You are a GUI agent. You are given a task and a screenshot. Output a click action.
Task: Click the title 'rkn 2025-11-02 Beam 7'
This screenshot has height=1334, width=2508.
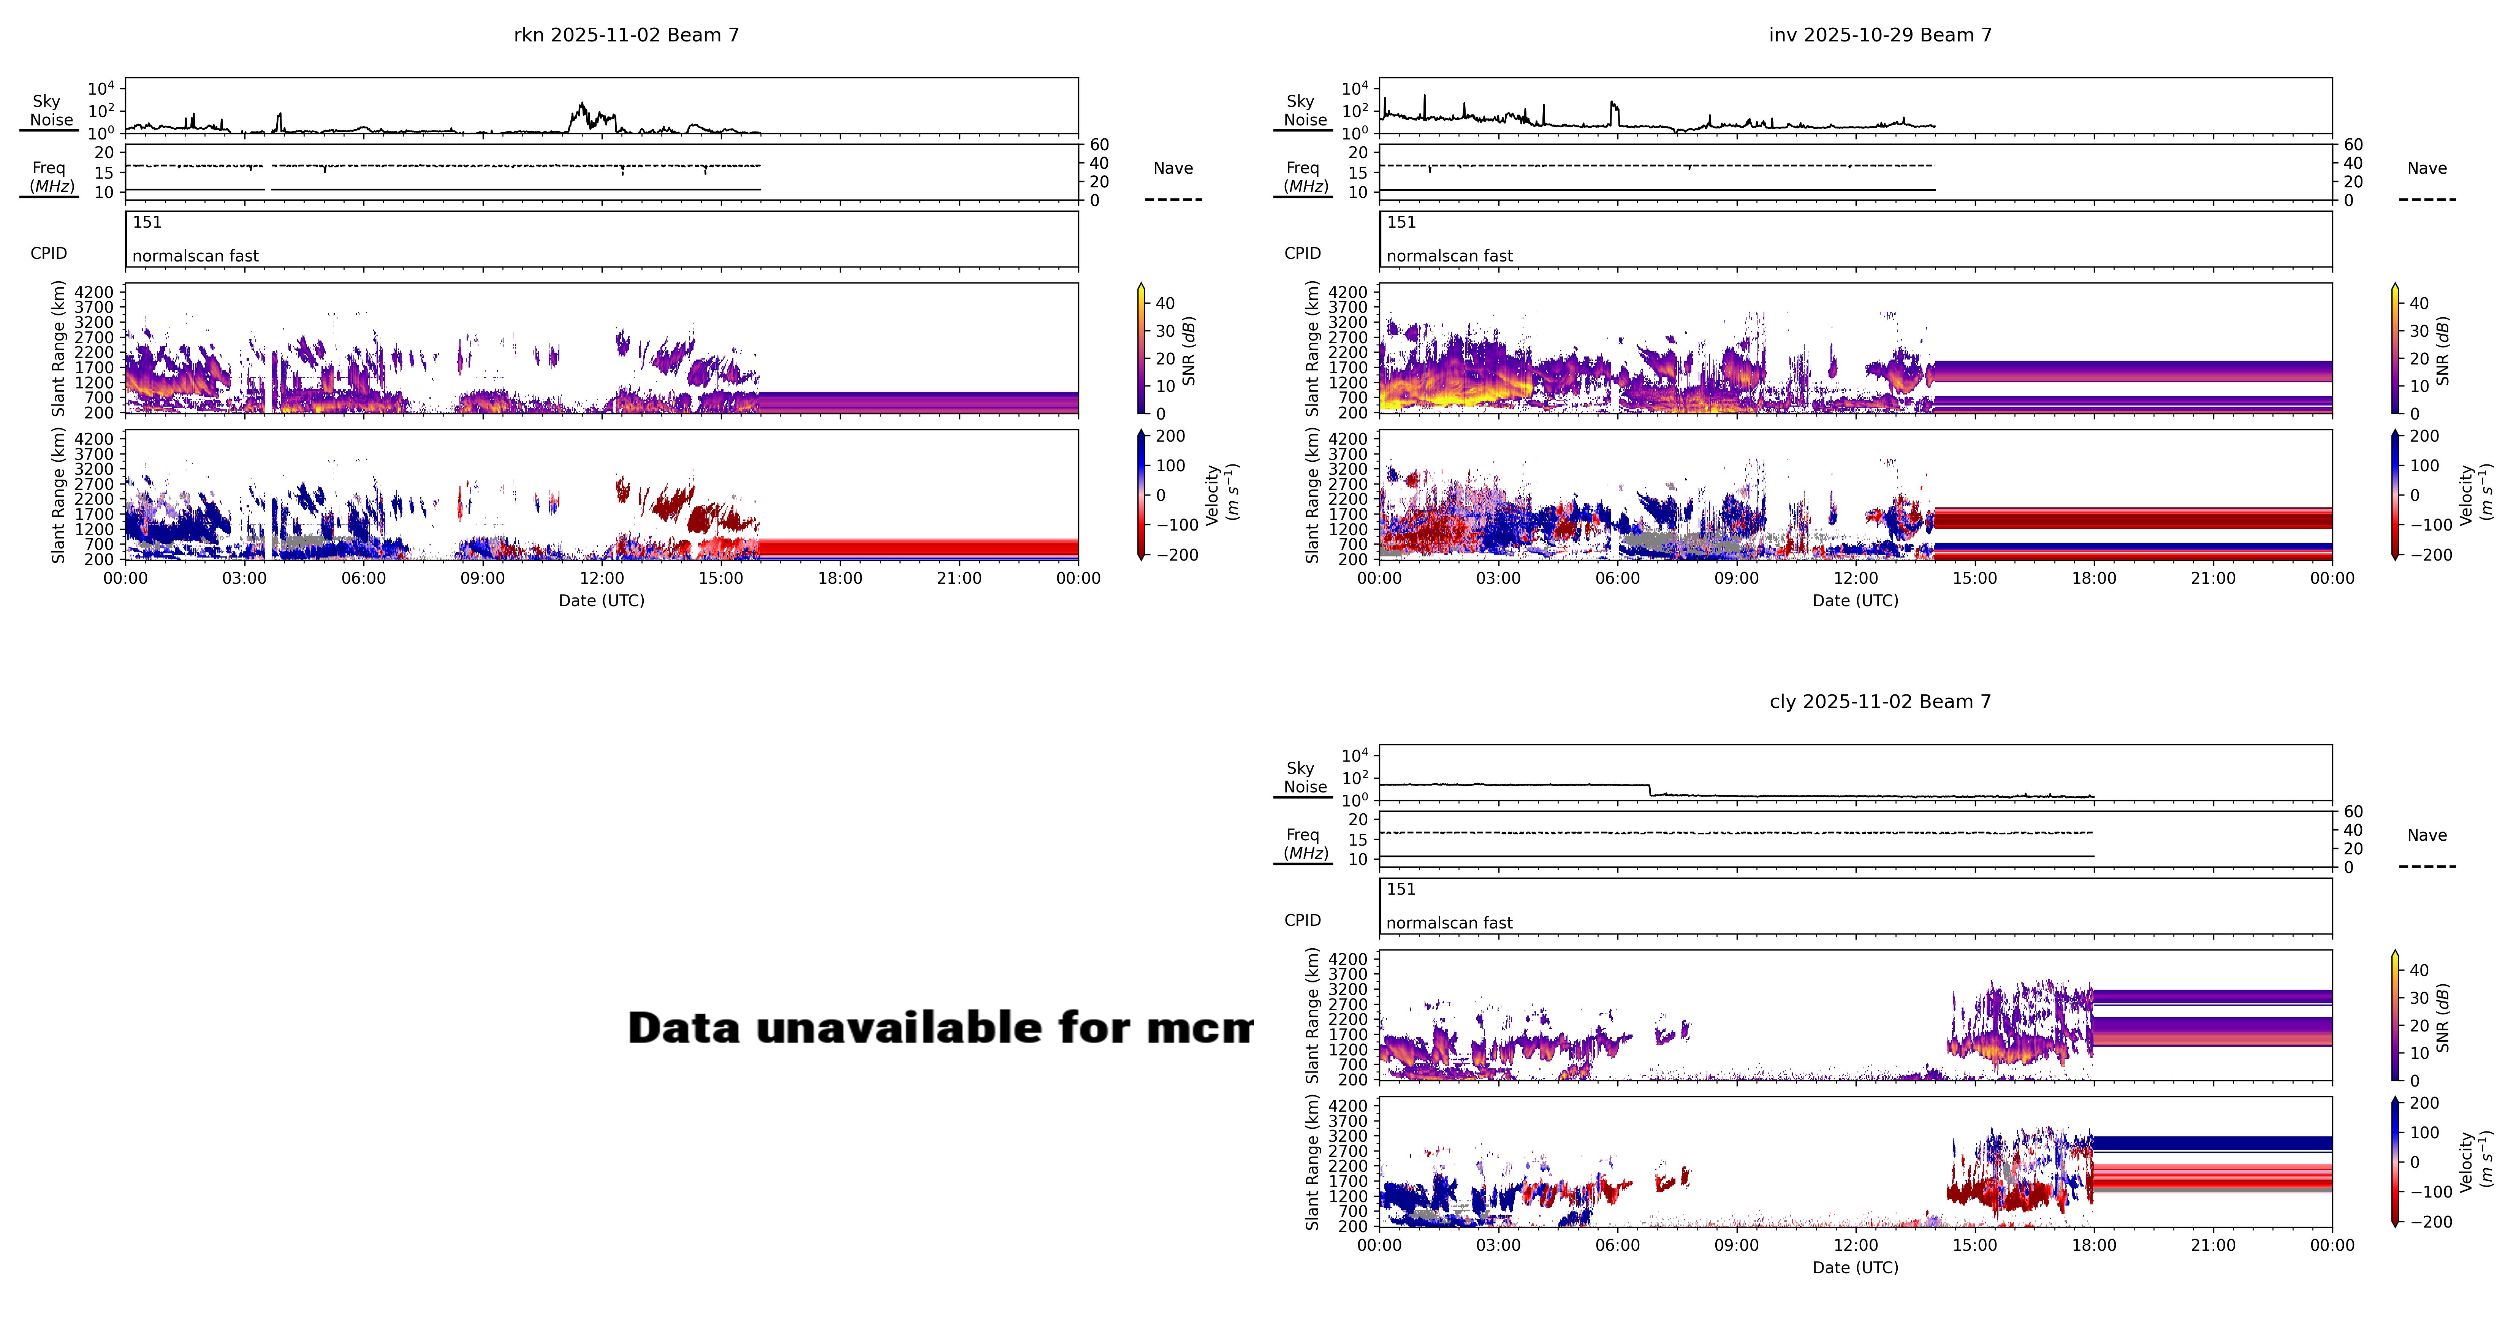click(626, 35)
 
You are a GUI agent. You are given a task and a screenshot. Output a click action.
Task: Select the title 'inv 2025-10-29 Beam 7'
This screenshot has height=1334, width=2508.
click(1880, 35)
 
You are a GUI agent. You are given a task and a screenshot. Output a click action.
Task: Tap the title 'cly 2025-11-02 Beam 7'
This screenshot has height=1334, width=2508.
click(1880, 702)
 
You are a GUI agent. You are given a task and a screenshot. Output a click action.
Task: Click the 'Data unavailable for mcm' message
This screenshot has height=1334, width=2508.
click(939, 1028)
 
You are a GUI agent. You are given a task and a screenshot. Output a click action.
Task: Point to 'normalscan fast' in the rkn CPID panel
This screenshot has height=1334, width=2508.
click(196, 256)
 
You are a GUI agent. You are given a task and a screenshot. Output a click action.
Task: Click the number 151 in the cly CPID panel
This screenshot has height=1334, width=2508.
click(1401, 889)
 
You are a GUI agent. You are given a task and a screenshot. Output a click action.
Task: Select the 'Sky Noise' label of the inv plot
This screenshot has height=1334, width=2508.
click(1304, 110)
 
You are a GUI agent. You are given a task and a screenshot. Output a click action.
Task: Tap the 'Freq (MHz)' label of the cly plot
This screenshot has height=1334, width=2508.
click(1304, 843)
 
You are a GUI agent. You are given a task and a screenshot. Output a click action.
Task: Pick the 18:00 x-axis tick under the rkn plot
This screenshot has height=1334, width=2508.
click(839, 578)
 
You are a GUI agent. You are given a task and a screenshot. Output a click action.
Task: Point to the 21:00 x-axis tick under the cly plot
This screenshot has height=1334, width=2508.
click(2213, 1245)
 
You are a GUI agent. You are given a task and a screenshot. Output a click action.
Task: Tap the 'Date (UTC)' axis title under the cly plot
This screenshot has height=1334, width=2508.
click(1855, 1268)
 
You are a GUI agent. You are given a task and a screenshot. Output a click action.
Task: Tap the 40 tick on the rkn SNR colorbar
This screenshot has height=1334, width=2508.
click(1165, 303)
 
